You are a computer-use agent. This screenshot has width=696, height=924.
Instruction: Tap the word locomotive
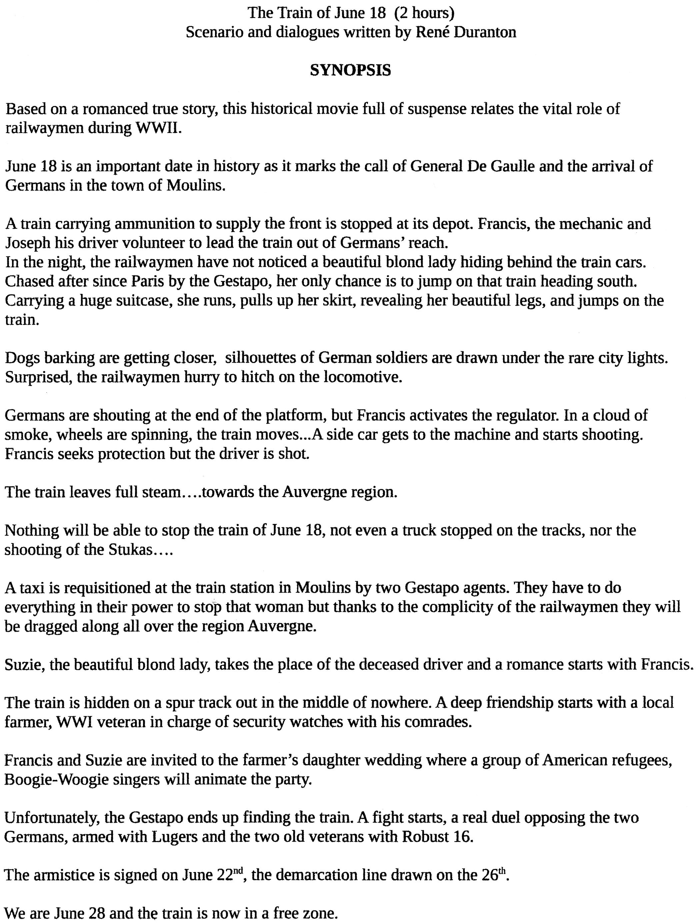(362, 377)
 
